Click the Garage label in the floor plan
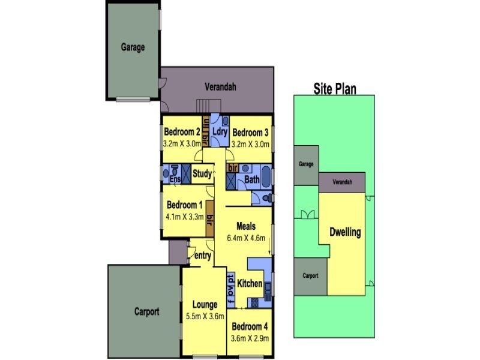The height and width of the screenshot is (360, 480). [133, 47]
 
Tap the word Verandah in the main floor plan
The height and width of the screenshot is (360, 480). [220, 87]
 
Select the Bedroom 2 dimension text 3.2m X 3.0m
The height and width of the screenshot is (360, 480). [182, 143]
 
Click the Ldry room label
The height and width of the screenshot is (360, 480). [220, 131]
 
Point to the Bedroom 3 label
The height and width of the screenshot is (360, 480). [250, 133]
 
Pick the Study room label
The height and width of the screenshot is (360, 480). [202, 174]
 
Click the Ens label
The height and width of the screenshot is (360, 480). [175, 179]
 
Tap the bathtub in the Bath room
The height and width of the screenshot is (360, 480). [266, 176]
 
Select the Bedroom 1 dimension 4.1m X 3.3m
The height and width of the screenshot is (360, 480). [185, 217]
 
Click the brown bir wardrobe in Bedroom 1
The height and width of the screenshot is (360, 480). [209, 218]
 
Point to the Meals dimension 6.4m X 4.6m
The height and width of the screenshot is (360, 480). [246, 238]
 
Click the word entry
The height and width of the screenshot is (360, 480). [203, 256]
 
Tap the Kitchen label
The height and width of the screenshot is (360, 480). [250, 283]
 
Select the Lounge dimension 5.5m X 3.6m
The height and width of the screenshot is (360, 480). [205, 317]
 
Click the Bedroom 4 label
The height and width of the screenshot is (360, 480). [250, 326]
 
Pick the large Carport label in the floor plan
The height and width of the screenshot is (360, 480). [146, 311]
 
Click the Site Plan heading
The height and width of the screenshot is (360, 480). [335, 89]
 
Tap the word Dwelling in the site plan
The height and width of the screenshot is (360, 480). [345, 232]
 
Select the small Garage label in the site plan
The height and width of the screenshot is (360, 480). [306, 164]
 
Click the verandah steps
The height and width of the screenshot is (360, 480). [208, 106]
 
